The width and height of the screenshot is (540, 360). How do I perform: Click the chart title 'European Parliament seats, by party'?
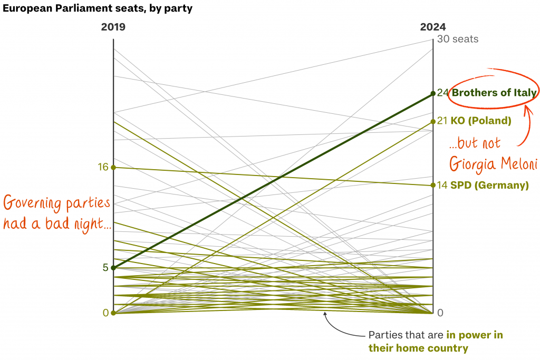[98, 8]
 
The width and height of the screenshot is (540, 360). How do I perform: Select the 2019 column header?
[113, 27]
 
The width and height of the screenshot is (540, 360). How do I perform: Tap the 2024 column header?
[432, 27]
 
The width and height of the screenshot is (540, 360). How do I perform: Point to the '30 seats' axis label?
[458, 39]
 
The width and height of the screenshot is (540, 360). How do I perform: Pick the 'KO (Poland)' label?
[480, 121]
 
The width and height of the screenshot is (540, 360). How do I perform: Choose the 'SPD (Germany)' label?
[489, 185]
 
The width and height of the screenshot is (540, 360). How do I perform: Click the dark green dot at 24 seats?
[433, 93]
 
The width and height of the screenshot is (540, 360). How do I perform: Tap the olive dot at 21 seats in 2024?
[433, 121]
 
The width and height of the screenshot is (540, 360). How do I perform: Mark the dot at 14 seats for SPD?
[433, 185]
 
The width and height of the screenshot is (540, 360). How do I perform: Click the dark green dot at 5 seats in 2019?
[113, 268]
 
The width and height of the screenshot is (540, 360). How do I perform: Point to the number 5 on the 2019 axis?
[105, 268]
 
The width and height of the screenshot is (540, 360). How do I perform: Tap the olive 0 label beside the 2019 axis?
[105, 313]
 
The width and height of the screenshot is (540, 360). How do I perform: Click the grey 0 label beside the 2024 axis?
[440, 313]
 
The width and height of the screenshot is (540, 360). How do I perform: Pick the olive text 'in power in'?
[475, 335]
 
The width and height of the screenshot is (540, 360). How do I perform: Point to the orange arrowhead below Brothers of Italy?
[526, 109]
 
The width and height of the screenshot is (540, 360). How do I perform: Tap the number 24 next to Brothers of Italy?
[442, 93]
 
